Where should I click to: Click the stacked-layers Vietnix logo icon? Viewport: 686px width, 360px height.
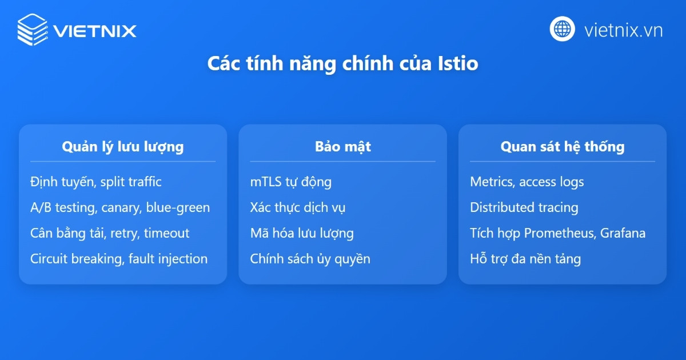coord(32,29)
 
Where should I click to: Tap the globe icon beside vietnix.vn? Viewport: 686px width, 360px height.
coord(563,29)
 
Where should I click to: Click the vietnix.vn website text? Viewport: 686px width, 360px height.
coord(623,30)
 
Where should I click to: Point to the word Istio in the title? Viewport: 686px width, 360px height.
coord(460,63)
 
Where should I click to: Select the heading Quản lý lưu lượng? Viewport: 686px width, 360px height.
coord(122,147)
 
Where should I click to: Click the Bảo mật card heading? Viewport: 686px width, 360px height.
coord(342,147)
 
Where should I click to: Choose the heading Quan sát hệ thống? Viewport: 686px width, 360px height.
coord(562,147)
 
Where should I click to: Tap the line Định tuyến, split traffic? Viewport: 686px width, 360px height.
coord(95,182)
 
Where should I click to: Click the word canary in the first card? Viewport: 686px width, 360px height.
coord(119,208)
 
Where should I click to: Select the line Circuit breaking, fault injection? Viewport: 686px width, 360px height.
coord(118,259)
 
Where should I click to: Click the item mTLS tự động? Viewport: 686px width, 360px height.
coord(290,182)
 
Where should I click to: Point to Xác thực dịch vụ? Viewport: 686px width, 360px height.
coord(297,208)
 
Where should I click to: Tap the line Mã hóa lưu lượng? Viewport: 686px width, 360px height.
coord(301,233)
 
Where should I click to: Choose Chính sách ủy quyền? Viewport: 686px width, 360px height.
coord(310,259)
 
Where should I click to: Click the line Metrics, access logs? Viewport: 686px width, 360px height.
coord(527,182)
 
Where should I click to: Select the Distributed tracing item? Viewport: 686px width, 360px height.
coord(524,208)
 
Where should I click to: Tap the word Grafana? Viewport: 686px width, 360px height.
coord(623,233)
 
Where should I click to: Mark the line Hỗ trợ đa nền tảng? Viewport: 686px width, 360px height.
coord(525,259)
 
